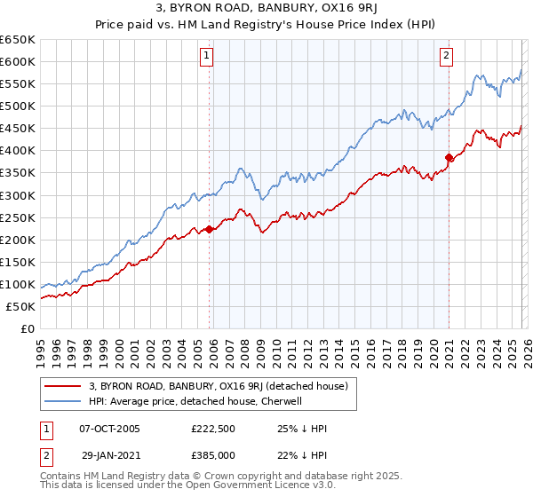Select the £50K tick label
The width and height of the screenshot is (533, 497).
[x=21, y=306]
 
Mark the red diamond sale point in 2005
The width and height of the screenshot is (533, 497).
[x=210, y=229]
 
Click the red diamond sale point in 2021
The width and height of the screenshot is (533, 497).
[x=449, y=157]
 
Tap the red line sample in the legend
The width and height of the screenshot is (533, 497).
[x=63, y=386]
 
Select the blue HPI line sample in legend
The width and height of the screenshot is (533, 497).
[x=63, y=401]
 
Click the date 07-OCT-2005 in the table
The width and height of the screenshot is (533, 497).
[x=110, y=428]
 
